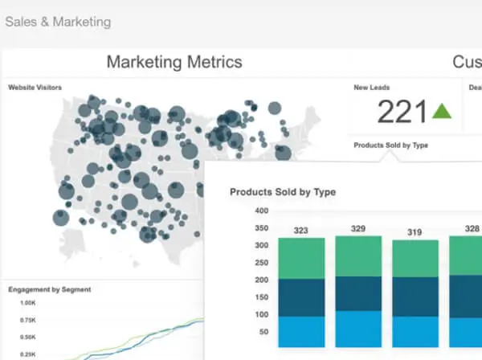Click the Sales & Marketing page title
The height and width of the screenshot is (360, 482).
(58, 21)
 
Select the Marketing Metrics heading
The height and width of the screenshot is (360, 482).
(174, 62)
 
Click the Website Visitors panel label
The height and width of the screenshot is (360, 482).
(35, 88)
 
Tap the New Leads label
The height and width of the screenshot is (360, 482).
(373, 88)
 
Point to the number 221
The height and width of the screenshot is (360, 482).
(401, 112)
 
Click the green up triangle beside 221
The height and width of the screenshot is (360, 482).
(443, 111)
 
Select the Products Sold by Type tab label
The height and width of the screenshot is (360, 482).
(390, 145)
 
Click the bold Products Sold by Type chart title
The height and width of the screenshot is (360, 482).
(283, 192)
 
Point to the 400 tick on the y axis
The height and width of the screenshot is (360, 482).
(260, 211)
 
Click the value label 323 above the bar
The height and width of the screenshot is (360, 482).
(301, 231)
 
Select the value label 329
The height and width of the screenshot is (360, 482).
(358, 229)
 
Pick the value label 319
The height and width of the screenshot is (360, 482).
(415, 232)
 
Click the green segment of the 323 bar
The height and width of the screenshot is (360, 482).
(301, 258)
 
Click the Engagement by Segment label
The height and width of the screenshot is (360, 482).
(50, 289)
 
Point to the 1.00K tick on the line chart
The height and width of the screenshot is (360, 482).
(28, 303)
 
